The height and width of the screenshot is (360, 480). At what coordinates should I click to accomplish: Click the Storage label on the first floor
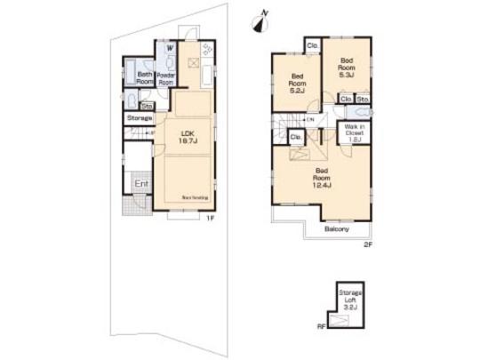(x=140, y=117)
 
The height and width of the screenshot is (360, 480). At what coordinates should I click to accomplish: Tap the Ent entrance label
(x=140, y=184)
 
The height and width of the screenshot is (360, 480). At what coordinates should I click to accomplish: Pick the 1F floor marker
(x=212, y=217)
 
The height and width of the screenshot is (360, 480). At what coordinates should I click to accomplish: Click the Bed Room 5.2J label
(x=296, y=82)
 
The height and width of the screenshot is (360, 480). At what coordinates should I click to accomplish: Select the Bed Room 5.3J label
(x=345, y=67)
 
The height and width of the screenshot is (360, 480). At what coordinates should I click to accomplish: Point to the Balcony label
(x=336, y=228)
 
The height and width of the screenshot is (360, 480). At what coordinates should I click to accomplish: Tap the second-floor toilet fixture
(x=365, y=113)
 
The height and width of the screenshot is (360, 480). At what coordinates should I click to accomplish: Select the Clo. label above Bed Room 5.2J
(x=312, y=46)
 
